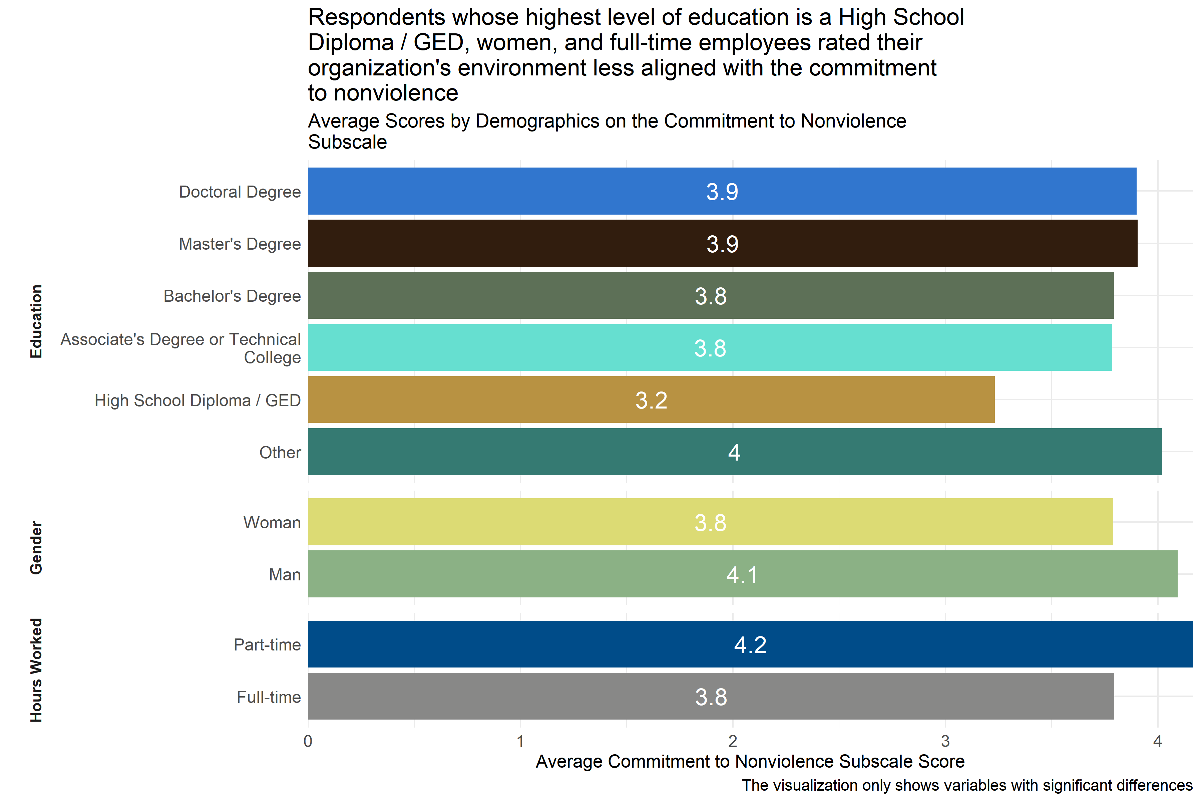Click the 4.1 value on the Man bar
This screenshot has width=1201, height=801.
point(742,575)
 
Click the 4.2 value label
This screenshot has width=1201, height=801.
point(750,645)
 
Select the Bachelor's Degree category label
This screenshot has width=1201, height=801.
point(232,296)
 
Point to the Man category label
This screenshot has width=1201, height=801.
point(285,575)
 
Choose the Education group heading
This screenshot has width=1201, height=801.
point(36,321)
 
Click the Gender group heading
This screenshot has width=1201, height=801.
point(36,548)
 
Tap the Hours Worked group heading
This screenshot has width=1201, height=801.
point(36,670)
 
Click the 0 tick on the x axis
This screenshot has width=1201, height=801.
point(308,741)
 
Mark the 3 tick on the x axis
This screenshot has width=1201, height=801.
point(945,741)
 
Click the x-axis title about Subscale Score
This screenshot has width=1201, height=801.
point(750,762)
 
